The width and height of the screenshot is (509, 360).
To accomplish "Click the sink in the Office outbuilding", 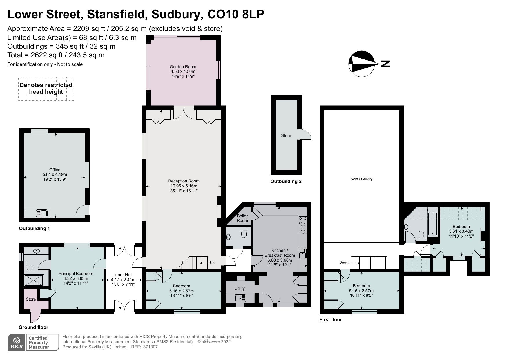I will [x=42, y=214].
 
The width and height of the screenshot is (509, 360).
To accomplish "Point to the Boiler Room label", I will [x=242, y=218].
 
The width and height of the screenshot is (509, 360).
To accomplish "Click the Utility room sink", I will [x=240, y=298].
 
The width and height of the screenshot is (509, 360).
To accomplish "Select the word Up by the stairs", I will [x=212, y=263].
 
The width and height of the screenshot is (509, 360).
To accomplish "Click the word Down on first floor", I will [x=344, y=263].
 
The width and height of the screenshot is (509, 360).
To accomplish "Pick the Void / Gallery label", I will [x=361, y=179].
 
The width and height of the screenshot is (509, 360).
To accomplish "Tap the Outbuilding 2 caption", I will [x=286, y=182].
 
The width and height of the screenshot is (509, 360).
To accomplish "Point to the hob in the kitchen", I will [x=303, y=225].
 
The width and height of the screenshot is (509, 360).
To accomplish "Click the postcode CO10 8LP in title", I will [x=236, y=15].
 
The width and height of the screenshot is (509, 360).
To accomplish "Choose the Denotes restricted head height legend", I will [x=46, y=88].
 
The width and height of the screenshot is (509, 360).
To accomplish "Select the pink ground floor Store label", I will [x=31, y=299].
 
